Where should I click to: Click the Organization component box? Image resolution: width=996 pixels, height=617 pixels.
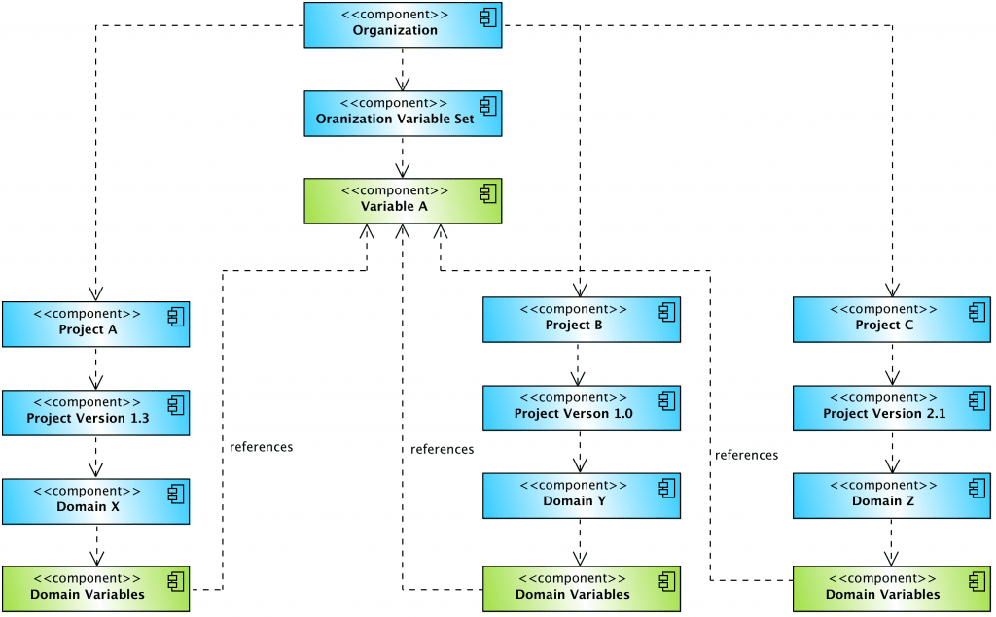tap(403, 24)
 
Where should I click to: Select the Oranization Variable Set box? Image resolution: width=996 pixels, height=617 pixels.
tap(403, 113)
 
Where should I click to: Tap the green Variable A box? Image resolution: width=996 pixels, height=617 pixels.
tap(403, 201)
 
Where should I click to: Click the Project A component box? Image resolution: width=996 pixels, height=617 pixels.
tap(95, 324)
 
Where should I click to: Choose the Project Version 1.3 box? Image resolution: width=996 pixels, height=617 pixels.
tap(95, 412)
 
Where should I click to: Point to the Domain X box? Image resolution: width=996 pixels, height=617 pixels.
tap(95, 500)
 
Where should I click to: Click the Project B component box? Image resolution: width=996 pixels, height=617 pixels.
tap(582, 320)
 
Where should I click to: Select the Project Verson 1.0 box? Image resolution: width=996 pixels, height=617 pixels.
tap(582, 408)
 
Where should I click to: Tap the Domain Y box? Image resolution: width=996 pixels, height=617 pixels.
tap(582, 496)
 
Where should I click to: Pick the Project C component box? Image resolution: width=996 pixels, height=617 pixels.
tap(891, 320)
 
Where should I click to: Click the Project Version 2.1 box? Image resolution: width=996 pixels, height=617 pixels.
tap(891, 408)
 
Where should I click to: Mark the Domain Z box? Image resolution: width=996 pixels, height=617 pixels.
tap(891, 496)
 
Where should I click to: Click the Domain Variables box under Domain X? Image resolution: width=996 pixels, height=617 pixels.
tap(95, 589)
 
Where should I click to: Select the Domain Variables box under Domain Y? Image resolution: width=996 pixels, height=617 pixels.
tap(582, 589)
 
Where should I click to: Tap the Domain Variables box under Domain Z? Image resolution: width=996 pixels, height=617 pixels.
tap(891, 589)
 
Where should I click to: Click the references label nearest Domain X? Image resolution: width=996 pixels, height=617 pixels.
tap(261, 448)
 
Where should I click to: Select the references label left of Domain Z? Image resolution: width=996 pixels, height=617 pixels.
tap(746, 455)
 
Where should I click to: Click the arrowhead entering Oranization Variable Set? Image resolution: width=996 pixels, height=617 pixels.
tap(403, 86)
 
